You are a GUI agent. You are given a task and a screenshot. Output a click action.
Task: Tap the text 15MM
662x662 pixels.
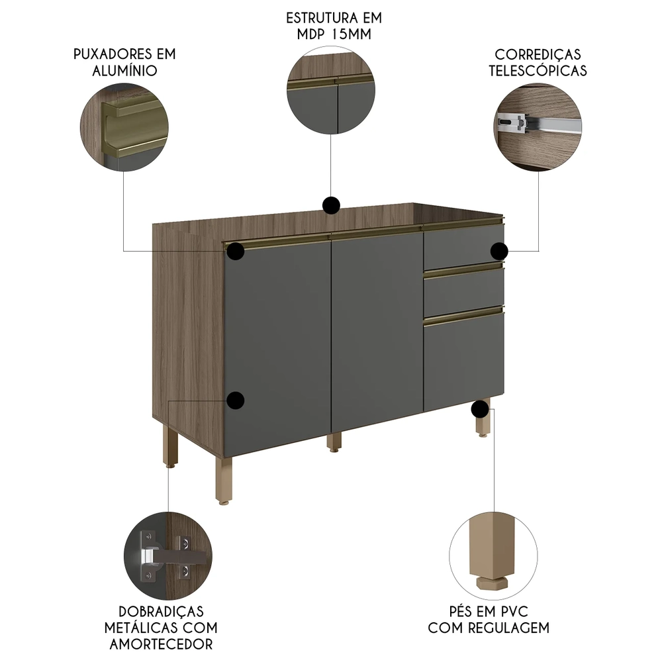click(x=352, y=34)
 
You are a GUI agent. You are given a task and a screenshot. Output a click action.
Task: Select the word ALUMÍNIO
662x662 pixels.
click(x=124, y=71)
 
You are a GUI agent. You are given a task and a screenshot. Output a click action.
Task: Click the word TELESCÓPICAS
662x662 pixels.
click(x=538, y=71)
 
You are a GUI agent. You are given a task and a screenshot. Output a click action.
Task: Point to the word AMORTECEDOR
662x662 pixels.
click(x=162, y=644)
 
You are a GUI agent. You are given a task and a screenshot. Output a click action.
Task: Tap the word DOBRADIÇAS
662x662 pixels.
click(x=162, y=612)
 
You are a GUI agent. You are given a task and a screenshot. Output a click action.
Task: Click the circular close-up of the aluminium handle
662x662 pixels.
click(x=124, y=127)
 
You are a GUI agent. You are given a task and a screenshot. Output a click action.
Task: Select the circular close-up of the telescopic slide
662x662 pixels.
click(x=538, y=127)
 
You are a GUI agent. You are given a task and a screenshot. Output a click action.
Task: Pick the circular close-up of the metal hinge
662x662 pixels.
click(x=168, y=556)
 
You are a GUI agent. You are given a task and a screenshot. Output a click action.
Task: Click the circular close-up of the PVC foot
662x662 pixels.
click(x=494, y=556)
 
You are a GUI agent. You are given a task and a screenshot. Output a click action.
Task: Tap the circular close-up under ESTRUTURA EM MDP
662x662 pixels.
click(x=331, y=90)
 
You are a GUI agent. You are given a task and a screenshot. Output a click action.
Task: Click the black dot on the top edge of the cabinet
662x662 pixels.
click(x=331, y=206)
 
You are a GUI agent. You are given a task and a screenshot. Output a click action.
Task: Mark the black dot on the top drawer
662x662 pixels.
click(x=499, y=251)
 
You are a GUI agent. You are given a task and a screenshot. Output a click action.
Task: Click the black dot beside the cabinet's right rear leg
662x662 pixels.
click(x=480, y=408)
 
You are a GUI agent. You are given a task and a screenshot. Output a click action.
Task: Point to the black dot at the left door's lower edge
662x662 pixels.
click(x=235, y=401)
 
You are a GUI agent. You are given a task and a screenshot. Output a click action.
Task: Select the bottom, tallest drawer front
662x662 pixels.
click(x=464, y=361)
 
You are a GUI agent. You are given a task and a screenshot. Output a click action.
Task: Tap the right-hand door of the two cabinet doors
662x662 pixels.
click(x=377, y=332)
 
